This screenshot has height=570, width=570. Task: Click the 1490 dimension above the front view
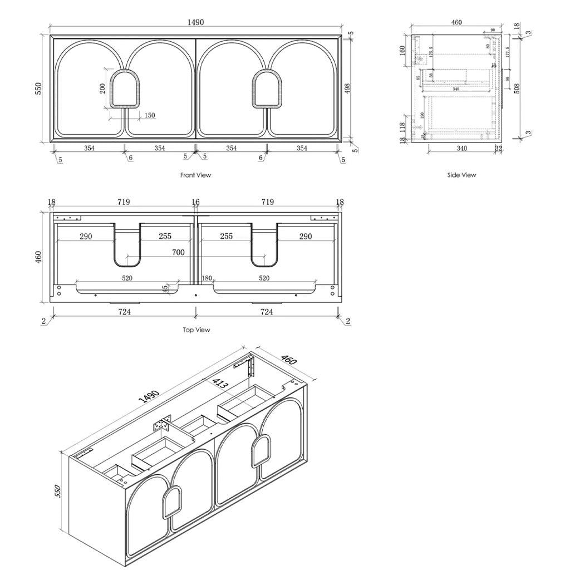click(195, 23)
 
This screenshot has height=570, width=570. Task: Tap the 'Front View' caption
click(195, 175)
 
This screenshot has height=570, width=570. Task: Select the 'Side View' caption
click(461, 175)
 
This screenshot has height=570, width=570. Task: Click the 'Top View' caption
click(196, 330)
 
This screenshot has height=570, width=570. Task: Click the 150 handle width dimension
click(150, 116)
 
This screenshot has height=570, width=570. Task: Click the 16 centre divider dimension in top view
click(195, 203)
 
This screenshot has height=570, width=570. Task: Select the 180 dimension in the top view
click(207, 278)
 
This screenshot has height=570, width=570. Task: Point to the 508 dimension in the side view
click(517, 88)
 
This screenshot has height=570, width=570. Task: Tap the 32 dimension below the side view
click(498, 148)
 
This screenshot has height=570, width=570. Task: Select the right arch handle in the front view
click(267, 89)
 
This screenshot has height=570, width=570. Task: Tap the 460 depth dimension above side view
click(456, 23)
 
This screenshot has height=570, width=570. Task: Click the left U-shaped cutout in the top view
click(127, 245)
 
